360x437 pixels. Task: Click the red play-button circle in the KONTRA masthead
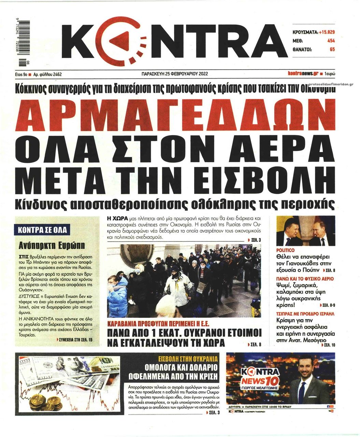[x=124, y=40]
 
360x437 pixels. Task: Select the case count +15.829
[x=326, y=32]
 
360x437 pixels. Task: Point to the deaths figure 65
[x=332, y=49]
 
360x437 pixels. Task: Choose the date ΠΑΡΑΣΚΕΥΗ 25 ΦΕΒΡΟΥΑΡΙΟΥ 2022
[x=174, y=74]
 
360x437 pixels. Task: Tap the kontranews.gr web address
[x=303, y=73]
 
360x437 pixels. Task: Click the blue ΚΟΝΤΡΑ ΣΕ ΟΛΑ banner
[x=42, y=230]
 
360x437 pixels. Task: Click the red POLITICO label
[x=285, y=250]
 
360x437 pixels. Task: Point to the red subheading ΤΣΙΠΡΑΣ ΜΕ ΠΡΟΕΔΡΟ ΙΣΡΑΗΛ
[x=305, y=313]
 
